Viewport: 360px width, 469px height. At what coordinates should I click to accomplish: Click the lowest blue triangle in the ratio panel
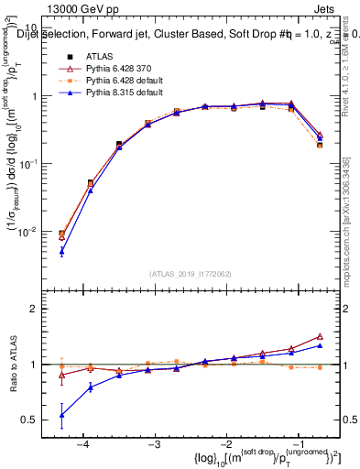pyautogui.click(x=61, y=415)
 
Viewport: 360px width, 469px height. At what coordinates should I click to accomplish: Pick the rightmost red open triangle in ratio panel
pyautogui.click(x=320, y=336)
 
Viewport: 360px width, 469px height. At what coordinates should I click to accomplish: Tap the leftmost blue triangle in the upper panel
pyautogui.click(x=61, y=251)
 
